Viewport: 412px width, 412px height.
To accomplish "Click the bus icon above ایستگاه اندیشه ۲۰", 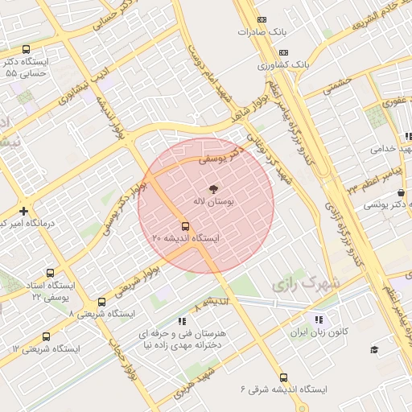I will point(186,225).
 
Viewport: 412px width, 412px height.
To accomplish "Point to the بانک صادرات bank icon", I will point(260,20).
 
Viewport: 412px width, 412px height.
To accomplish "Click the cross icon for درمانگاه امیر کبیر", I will point(24,211).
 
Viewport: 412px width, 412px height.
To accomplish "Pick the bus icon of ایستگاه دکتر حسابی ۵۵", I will point(27,49).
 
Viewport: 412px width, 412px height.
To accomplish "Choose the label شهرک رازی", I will point(305,284).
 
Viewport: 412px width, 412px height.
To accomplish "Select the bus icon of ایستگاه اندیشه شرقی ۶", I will point(283,377).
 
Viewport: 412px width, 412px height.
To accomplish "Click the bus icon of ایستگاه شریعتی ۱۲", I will point(45,337).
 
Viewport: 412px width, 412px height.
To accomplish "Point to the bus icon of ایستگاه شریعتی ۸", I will point(101,302).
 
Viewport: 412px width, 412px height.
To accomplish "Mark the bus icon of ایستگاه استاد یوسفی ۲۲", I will point(51,274).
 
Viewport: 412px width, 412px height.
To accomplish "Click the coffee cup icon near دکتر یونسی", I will point(401,193).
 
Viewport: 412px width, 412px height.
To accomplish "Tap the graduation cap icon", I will point(374,349).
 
